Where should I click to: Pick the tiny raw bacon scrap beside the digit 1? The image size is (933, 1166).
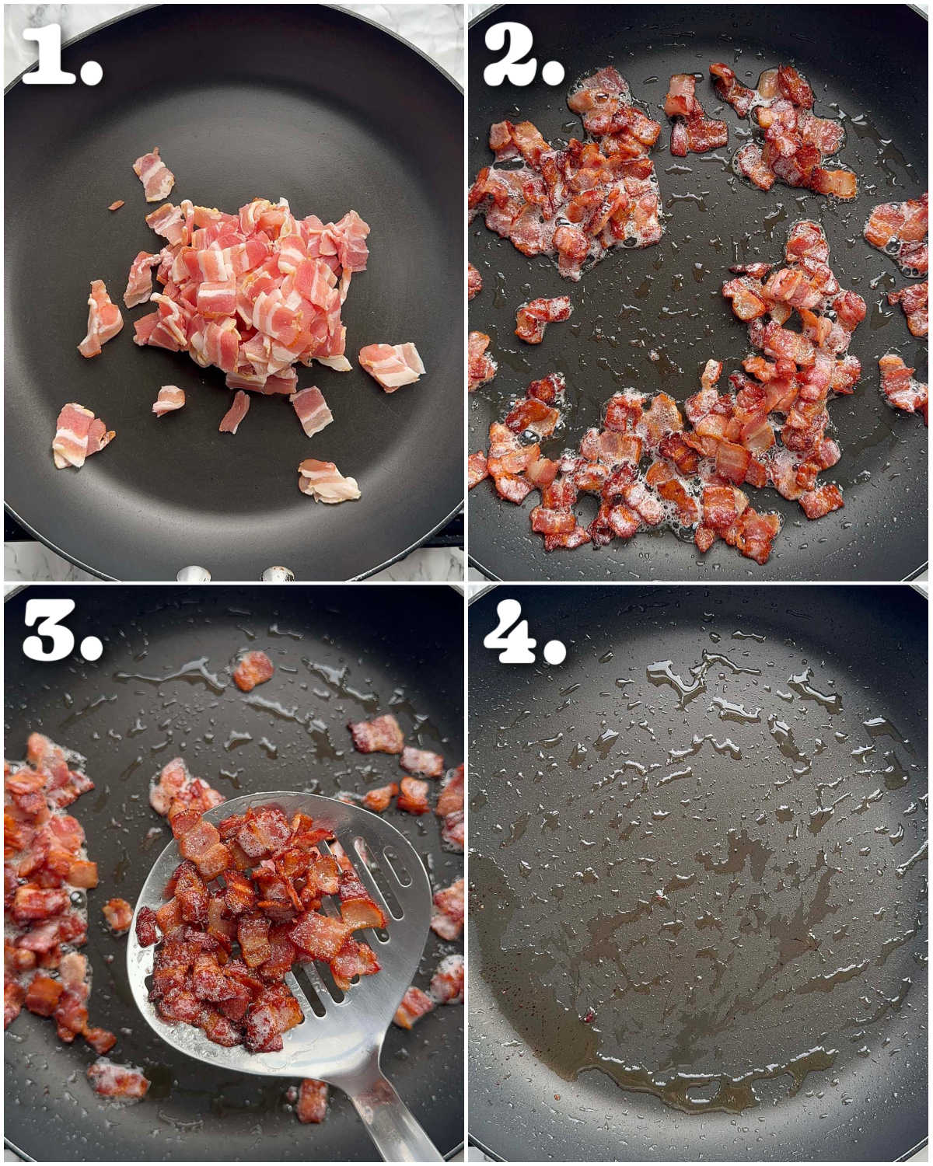point(116,205)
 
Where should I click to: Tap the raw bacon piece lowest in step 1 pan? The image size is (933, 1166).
point(328,481)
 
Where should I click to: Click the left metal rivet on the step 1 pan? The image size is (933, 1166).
point(193,575)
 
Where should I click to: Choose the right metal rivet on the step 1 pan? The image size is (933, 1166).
point(277,575)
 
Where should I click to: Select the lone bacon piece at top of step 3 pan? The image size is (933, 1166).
point(253,670)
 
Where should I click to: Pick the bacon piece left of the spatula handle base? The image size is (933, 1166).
point(312,1100)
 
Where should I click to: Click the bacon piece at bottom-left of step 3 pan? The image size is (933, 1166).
point(117,1080)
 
